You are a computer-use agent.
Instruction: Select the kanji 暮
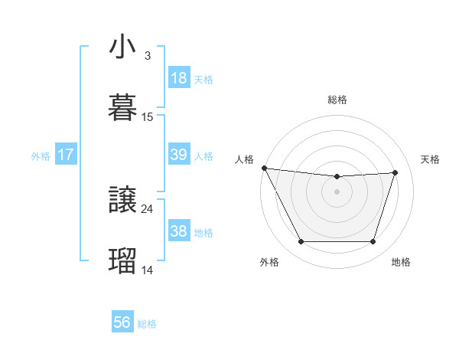[122, 106]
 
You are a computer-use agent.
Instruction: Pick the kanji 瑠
[122, 260]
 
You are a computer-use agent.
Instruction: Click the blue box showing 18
[179, 78]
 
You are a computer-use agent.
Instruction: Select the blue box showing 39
[179, 155]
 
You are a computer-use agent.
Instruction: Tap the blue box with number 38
[179, 231]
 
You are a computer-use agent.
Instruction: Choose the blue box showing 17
[66, 155]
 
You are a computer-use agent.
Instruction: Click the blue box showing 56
[122, 322]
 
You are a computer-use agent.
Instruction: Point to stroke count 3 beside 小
[147, 56]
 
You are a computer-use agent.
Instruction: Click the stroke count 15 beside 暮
[148, 116]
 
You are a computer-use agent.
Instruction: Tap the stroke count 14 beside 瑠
[148, 270]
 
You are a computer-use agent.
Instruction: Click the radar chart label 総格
[337, 100]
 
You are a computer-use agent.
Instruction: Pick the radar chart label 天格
[430, 159]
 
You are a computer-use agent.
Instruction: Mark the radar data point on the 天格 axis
[396, 172]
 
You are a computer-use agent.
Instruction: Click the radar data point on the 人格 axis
[264, 168]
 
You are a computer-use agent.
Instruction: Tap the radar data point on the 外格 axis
[301, 242]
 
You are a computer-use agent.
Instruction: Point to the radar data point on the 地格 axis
[373, 242]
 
